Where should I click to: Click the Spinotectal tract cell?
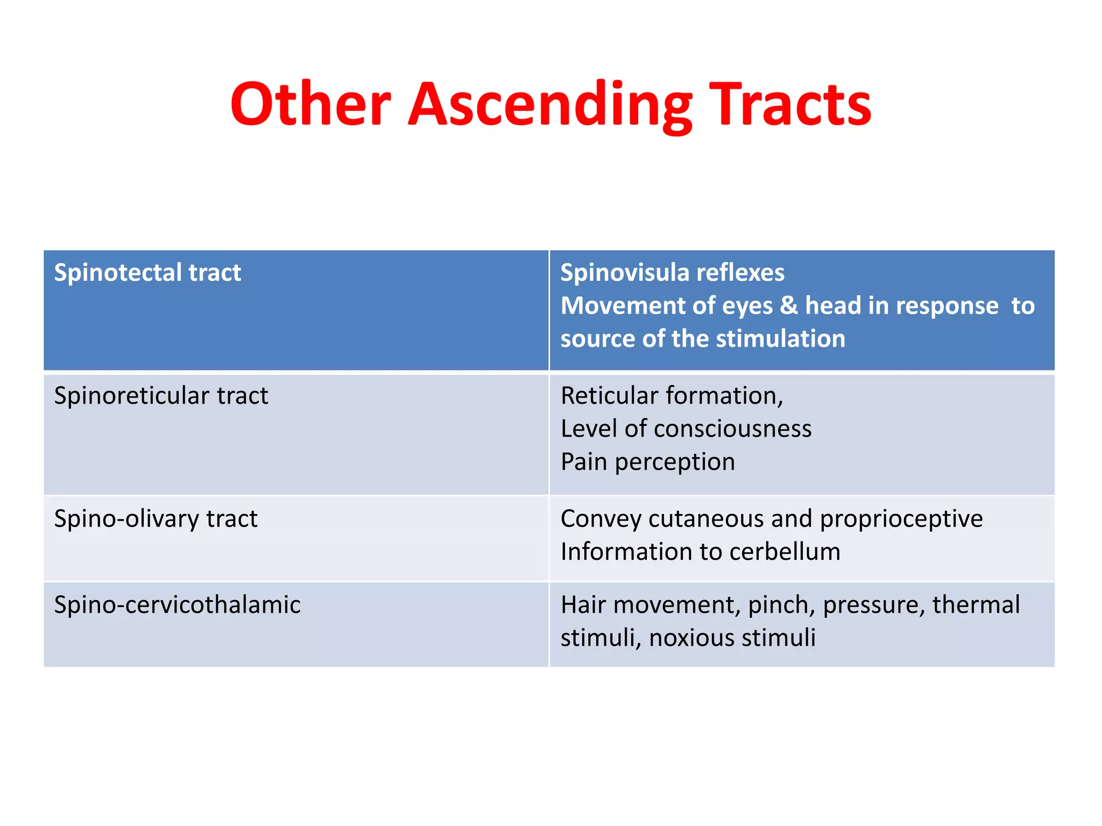(147, 273)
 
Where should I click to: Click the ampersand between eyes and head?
(789, 305)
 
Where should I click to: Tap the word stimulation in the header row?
(781, 339)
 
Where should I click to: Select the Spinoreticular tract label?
(161, 396)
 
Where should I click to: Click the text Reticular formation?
(672, 396)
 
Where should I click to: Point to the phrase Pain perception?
(648, 462)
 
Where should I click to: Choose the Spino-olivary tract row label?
(156, 519)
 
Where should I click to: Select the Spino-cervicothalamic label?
(177, 605)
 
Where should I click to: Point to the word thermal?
(976, 605)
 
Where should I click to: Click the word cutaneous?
(705, 519)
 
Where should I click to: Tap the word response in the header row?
(948, 305)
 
